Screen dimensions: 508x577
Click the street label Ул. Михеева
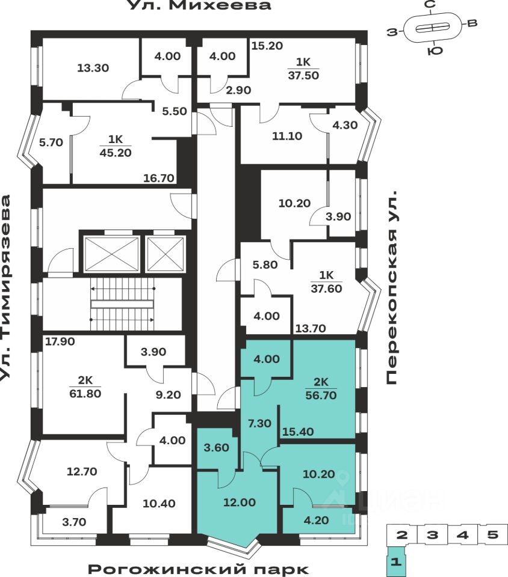point(199,6)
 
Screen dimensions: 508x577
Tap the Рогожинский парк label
point(199,568)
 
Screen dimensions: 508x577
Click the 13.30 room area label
point(93,68)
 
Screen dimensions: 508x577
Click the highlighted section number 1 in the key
point(396,563)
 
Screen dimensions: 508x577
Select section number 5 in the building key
point(492,534)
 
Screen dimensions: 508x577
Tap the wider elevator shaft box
point(111,254)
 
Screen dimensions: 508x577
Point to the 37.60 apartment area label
point(327,287)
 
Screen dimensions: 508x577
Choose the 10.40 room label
point(160,504)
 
